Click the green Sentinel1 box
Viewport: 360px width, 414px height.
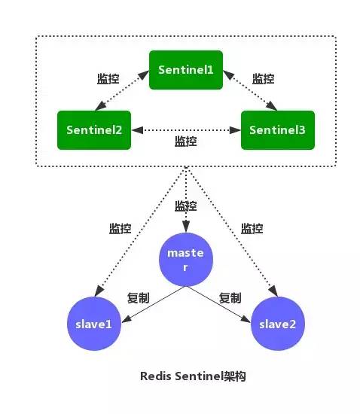point(185,69)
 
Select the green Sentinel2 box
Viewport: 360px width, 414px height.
point(93,129)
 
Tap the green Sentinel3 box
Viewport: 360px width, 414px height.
point(277,129)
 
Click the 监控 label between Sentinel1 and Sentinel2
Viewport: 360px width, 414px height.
point(108,79)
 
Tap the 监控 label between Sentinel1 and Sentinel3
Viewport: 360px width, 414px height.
point(263,79)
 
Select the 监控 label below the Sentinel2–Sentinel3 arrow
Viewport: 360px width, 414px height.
point(185,142)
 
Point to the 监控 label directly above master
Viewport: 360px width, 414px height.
point(185,205)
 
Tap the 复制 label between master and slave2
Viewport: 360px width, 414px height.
point(230,298)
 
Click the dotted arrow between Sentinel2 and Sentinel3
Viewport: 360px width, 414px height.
point(185,129)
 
